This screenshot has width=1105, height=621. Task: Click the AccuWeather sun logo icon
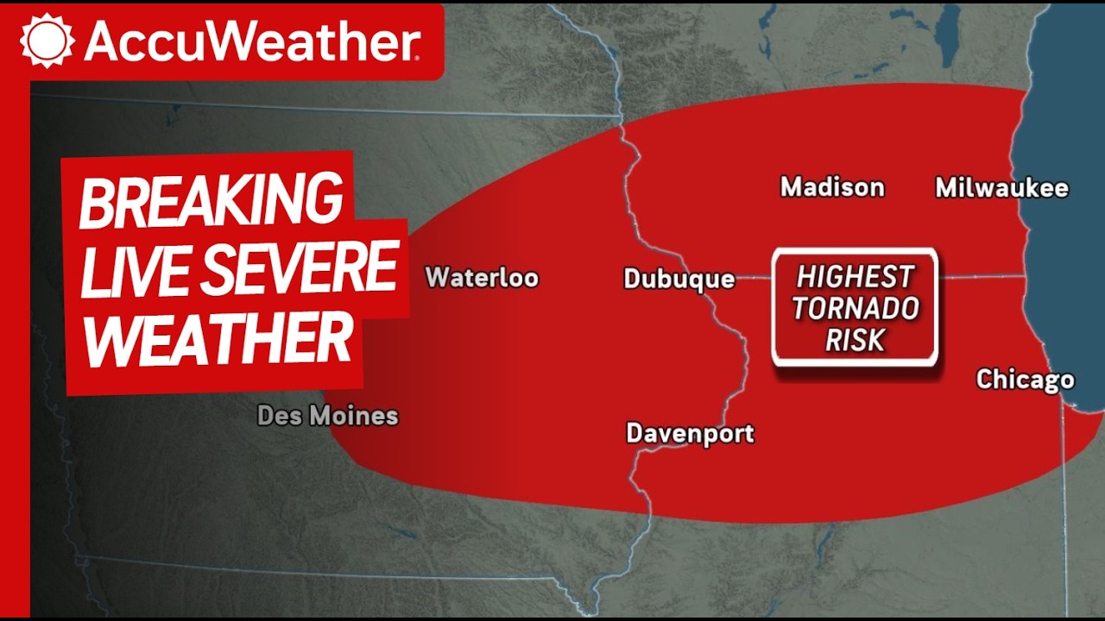point(47,41)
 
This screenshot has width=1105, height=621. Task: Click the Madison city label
point(832,187)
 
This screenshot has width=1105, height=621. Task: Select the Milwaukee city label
point(1001,188)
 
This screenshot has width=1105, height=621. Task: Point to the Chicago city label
point(1025,379)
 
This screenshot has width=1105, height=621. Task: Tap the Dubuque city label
point(679,279)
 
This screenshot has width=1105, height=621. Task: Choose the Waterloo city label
point(482,278)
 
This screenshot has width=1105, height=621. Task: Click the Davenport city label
point(690,433)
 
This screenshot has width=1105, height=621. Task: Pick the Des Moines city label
point(328,416)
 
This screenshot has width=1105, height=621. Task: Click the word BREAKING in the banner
point(211,200)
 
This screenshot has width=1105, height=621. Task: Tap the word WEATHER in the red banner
point(218,339)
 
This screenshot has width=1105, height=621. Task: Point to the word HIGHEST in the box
point(855,277)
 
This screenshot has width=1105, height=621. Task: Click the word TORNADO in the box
point(856,308)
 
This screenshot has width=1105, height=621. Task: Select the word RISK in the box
point(855,340)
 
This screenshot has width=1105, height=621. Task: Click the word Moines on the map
point(353,416)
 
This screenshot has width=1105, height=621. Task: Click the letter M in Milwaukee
point(947,188)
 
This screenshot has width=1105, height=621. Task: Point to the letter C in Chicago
point(985,379)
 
